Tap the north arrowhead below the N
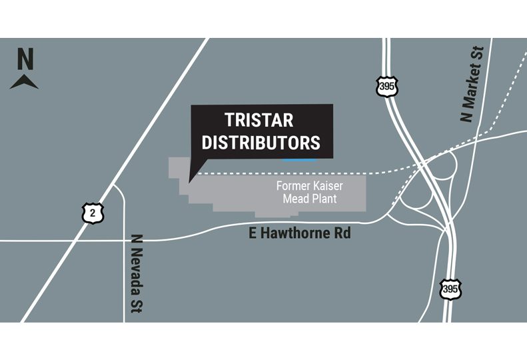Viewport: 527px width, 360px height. [25, 82]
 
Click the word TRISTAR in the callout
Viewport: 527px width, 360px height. [259, 121]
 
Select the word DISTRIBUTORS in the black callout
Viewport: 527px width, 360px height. [261, 142]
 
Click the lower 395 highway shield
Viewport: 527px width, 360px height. [450, 289]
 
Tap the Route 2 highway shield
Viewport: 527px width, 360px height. [93, 212]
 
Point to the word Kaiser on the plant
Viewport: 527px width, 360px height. [326, 186]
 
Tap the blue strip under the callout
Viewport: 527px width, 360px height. [298, 160]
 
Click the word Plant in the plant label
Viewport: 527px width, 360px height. [322, 199]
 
